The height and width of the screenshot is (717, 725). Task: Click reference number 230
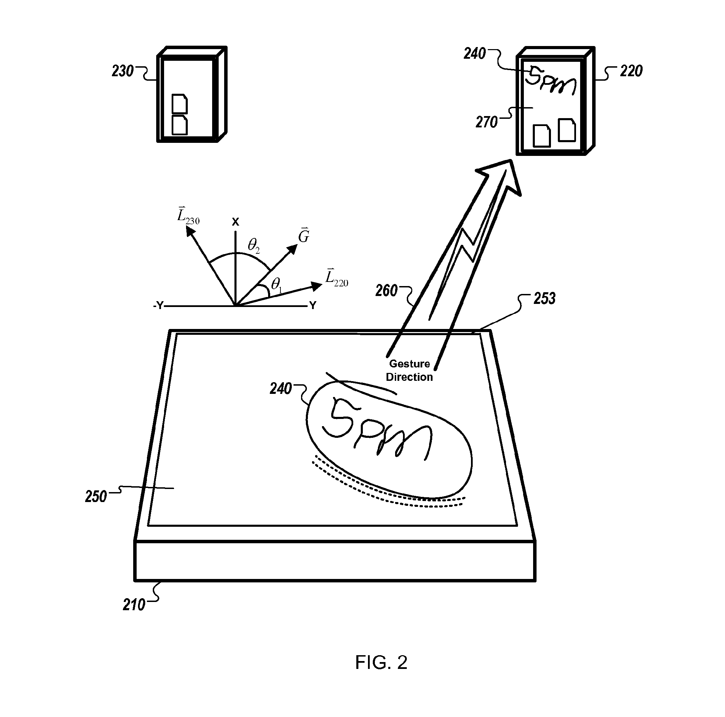pyautogui.click(x=123, y=71)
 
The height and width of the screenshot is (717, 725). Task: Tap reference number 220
pyautogui.click(x=631, y=71)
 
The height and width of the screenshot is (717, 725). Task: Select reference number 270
pyautogui.click(x=486, y=122)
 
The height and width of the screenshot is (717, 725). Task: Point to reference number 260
pyautogui.click(x=386, y=291)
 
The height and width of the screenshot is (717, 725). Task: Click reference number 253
pyautogui.click(x=544, y=299)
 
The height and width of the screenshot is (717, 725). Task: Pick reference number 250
pyautogui.click(x=96, y=497)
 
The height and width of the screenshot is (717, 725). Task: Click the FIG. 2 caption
pyautogui.click(x=381, y=662)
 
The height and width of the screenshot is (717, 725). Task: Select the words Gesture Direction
pyautogui.click(x=410, y=370)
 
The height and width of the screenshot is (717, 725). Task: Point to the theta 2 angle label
pyautogui.click(x=254, y=246)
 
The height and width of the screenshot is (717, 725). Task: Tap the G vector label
pyautogui.click(x=303, y=236)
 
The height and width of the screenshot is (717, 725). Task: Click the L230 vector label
pyautogui.click(x=188, y=215)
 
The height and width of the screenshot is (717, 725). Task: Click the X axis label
pyautogui.click(x=235, y=222)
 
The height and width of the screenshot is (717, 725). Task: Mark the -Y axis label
pyautogui.click(x=158, y=306)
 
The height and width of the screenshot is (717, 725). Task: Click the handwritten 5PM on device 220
pyautogui.click(x=551, y=81)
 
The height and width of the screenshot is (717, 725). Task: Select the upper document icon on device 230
pyautogui.click(x=180, y=104)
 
